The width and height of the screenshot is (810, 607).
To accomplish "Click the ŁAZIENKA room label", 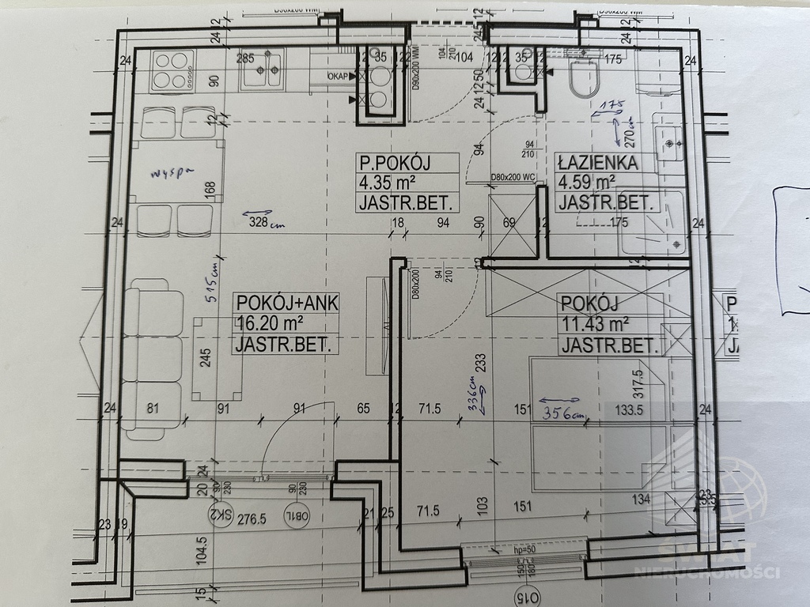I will pos(596,163).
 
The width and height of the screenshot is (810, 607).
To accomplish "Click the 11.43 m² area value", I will pos(594,323).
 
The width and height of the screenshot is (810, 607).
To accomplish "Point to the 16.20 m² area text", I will pos(270,323).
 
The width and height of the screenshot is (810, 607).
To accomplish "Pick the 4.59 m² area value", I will pos(590,183).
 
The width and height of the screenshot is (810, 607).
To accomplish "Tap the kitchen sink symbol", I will pos(264,71).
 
